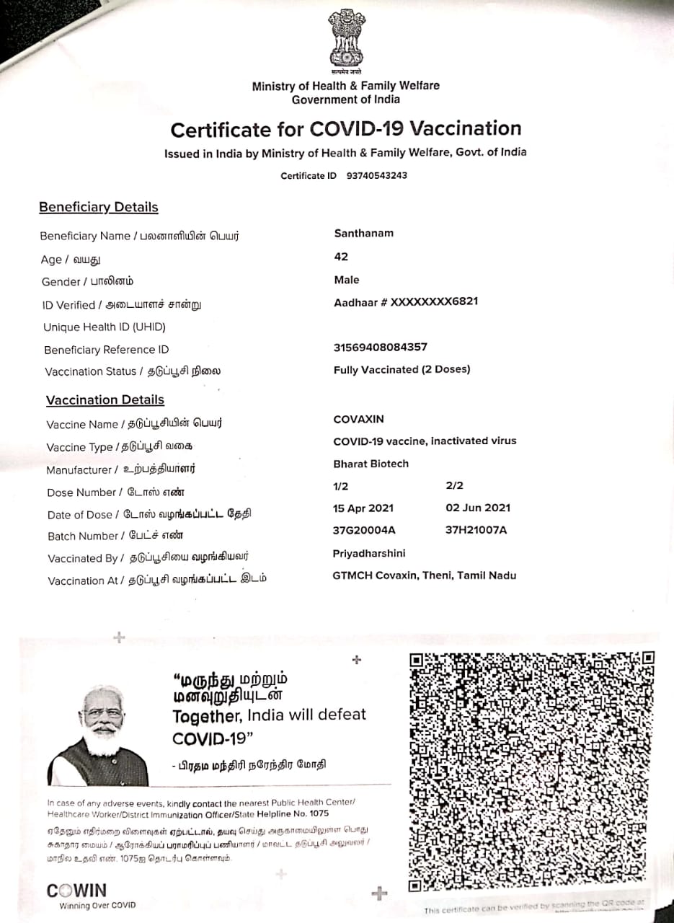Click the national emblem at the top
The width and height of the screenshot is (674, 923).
[x=347, y=39]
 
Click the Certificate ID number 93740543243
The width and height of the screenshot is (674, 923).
[x=376, y=175]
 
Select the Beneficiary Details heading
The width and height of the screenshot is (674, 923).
[x=98, y=208]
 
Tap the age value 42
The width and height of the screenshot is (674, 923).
[x=341, y=257]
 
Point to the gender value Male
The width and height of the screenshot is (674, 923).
[x=346, y=280]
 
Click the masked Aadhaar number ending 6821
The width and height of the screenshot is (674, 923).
[x=406, y=302]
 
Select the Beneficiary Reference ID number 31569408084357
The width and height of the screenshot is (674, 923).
[x=380, y=347]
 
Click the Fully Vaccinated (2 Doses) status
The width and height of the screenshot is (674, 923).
[x=402, y=369]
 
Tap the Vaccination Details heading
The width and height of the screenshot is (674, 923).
[x=105, y=400]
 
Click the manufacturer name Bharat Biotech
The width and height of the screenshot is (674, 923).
[x=371, y=464]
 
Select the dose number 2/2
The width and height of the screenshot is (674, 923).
[x=455, y=487]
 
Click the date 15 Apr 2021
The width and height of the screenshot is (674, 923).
[x=363, y=508]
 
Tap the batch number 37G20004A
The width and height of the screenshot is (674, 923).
[x=364, y=530]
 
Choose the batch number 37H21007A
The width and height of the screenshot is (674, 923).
[x=476, y=530]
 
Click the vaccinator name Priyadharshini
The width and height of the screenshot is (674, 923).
[x=369, y=553]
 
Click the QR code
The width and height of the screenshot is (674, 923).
[x=531, y=772]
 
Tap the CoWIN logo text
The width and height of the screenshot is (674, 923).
[x=76, y=891]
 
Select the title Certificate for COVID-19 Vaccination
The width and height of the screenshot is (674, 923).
[x=345, y=129]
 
